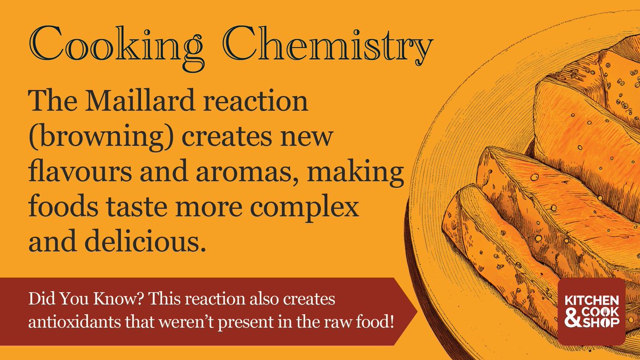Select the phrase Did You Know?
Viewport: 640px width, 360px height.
point(67,300)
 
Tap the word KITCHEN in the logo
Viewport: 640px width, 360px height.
point(591,301)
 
